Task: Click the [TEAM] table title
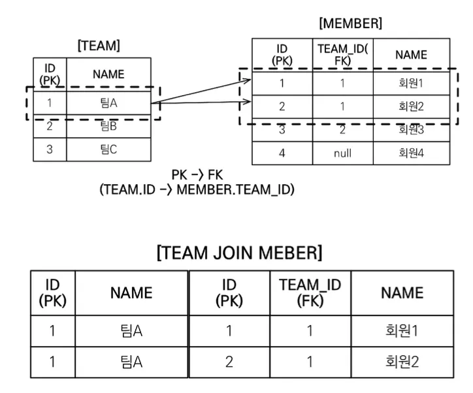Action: pyautogui.click(x=99, y=46)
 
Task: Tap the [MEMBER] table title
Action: pyautogui.click(x=351, y=24)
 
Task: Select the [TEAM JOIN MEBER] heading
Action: pyautogui.click(x=240, y=253)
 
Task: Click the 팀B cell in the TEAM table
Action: pyautogui.click(x=108, y=126)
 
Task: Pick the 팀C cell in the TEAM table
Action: pyautogui.click(x=108, y=149)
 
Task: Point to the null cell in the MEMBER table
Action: pyautogui.click(x=343, y=153)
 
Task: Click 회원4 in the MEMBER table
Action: pyautogui.click(x=411, y=153)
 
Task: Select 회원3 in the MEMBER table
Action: pyautogui.click(x=411, y=130)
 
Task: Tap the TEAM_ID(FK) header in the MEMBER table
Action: pyautogui.click(x=343, y=55)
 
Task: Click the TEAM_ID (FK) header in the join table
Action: pyautogui.click(x=310, y=292)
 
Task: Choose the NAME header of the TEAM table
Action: pyautogui.click(x=108, y=74)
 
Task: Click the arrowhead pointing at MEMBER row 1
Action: pyautogui.click(x=248, y=80)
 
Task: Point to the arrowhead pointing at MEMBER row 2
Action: pyautogui.click(x=248, y=102)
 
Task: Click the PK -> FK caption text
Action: pyautogui.click(x=197, y=175)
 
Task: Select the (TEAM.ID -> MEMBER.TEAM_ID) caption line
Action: pyautogui.click(x=197, y=189)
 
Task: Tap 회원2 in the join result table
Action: pyautogui.click(x=402, y=362)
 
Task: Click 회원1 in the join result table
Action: pyautogui.click(x=402, y=330)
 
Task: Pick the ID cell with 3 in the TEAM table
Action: pyautogui.click(x=50, y=149)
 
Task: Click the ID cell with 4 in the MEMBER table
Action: pyautogui.click(x=282, y=153)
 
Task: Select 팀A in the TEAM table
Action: pyautogui.click(x=108, y=103)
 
